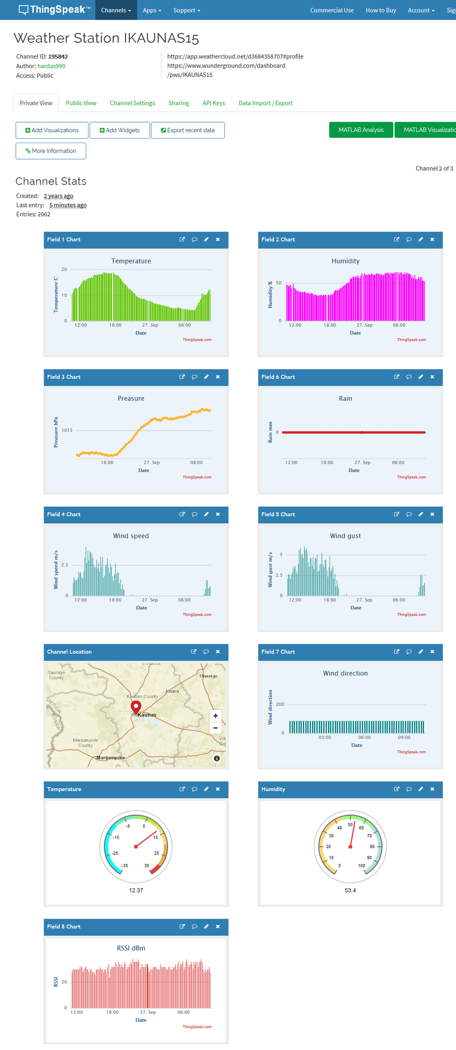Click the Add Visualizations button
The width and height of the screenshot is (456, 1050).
pyautogui.click(x=52, y=130)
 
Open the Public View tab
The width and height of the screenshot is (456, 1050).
pyautogui.click(x=81, y=103)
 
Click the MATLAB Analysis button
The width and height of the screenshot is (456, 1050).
pyautogui.click(x=361, y=130)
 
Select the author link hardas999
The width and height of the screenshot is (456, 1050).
pyautogui.click(x=51, y=66)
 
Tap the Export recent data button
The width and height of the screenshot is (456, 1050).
pyautogui.click(x=188, y=130)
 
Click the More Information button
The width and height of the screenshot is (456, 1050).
pyautogui.click(x=51, y=151)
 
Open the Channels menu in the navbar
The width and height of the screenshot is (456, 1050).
pyautogui.click(x=116, y=10)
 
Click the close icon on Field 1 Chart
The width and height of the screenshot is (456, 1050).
pyautogui.click(x=218, y=239)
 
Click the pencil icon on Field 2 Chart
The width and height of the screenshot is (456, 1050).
pyautogui.click(x=421, y=239)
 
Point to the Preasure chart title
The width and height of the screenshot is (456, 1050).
pyautogui.click(x=131, y=399)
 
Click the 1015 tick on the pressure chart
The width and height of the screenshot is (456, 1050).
pyautogui.click(x=67, y=430)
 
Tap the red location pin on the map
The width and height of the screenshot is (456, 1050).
pyautogui.click(x=136, y=706)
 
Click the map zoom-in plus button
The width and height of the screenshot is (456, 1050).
pyautogui.click(x=215, y=716)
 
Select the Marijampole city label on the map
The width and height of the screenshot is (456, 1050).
pyautogui.click(x=110, y=758)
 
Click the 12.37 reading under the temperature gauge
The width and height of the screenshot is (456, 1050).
pyautogui.click(x=136, y=890)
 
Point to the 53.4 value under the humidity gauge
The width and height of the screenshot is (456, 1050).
pyautogui.click(x=350, y=890)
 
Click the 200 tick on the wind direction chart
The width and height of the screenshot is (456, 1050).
pyautogui.click(x=280, y=704)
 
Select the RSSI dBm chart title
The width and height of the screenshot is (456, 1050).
pyautogui.click(x=131, y=948)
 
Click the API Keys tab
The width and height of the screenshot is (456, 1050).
pyautogui.click(x=214, y=103)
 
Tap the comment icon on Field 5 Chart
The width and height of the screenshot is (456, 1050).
pyautogui.click(x=409, y=514)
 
